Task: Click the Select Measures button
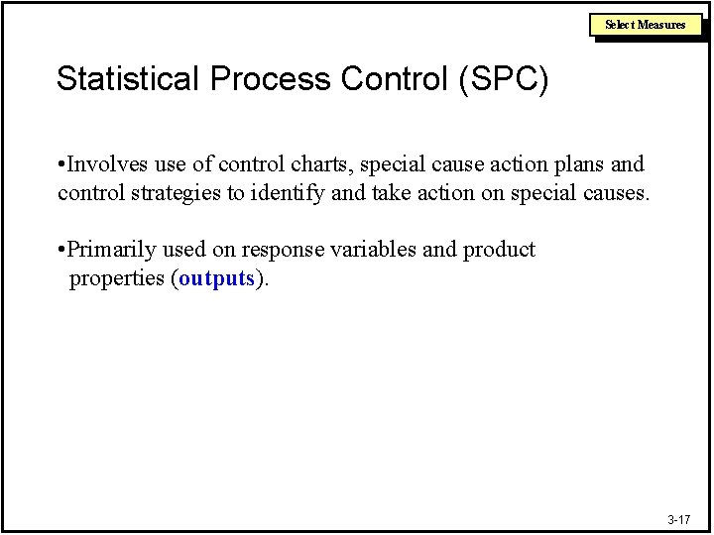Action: tap(646, 25)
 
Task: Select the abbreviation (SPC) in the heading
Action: tap(503, 80)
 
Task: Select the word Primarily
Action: tap(109, 250)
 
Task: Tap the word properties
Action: tap(118, 278)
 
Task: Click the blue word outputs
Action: tap(217, 278)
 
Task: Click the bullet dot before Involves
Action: tap(61, 163)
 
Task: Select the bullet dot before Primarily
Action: tap(61, 250)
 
